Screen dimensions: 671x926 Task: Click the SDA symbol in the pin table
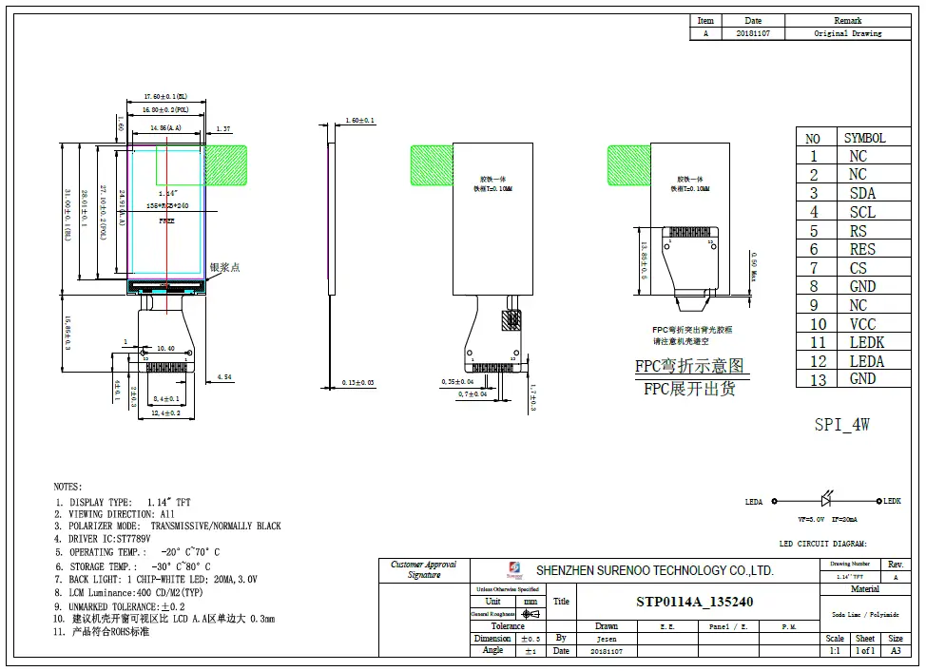point(862,193)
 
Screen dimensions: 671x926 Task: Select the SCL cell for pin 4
point(862,212)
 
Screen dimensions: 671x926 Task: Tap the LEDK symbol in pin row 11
point(865,342)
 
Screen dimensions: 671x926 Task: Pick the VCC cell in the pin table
point(862,324)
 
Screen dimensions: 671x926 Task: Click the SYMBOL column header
point(864,138)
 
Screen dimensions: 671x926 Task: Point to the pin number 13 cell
point(813,379)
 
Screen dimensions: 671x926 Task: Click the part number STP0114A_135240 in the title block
point(694,602)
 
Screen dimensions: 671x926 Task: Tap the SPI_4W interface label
point(841,425)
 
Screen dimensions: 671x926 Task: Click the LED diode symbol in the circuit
point(827,501)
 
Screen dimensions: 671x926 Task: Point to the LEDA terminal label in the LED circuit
point(754,502)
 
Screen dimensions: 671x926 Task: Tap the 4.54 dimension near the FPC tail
point(224,377)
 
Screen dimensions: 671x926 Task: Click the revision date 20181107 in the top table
point(753,33)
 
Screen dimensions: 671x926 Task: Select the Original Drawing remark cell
point(847,33)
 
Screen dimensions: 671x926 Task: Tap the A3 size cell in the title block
point(896,651)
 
